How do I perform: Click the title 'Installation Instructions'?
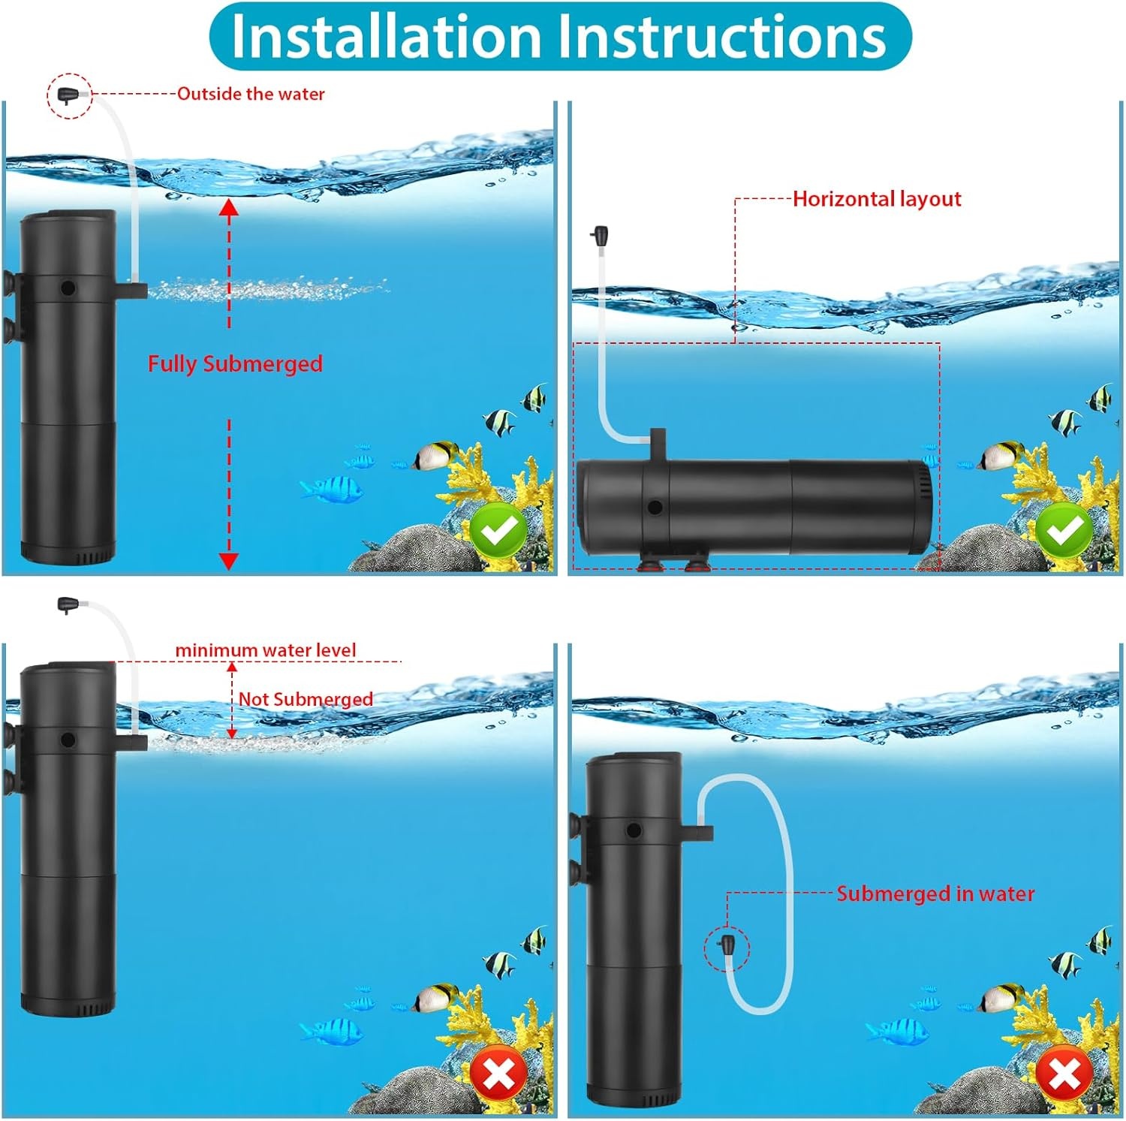coord(559,36)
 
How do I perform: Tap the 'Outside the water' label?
coord(251,94)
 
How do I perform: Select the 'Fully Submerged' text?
coord(235,364)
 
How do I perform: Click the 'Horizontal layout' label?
coord(877,199)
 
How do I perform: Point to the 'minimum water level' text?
coord(266,650)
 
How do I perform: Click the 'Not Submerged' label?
coord(306,699)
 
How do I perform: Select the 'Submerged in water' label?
coord(935,893)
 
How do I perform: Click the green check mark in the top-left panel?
coord(498,531)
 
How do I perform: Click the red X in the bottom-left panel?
coord(498,1075)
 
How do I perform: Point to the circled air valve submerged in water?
coord(726,947)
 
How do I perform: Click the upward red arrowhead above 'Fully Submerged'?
coord(229,207)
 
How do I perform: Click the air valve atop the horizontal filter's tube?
coord(599,237)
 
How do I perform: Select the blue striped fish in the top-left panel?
coord(333,489)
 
